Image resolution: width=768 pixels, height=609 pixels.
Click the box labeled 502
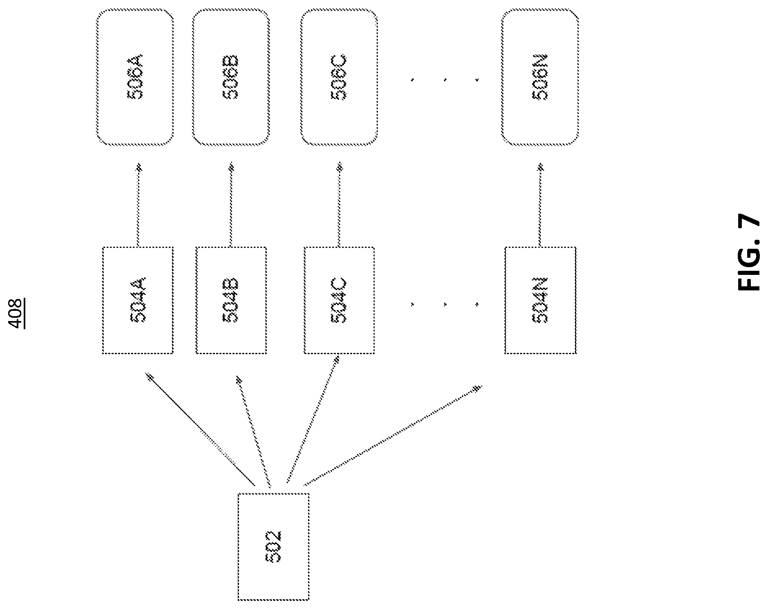[273, 547]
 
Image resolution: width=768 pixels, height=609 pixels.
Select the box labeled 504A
[138, 300]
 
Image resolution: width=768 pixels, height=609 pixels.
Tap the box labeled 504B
[231, 300]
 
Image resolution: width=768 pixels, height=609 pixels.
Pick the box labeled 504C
[339, 300]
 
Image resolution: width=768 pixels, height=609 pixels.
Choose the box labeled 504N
[540, 300]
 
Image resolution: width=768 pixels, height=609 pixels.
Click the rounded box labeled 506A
[135, 77]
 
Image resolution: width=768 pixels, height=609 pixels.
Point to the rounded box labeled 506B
[231, 77]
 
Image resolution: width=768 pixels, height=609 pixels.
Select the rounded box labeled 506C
[339, 77]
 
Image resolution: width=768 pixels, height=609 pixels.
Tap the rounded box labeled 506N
[540, 77]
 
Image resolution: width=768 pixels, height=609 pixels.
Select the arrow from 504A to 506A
[138, 205]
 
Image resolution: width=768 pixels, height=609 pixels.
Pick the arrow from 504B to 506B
[231, 205]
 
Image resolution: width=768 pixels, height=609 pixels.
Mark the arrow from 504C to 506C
[339, 205]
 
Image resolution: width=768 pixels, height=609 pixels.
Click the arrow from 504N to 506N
[540, 205]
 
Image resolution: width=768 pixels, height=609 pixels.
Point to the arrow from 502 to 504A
[201, 429]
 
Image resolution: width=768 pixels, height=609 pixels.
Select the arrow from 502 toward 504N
[393, 435]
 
